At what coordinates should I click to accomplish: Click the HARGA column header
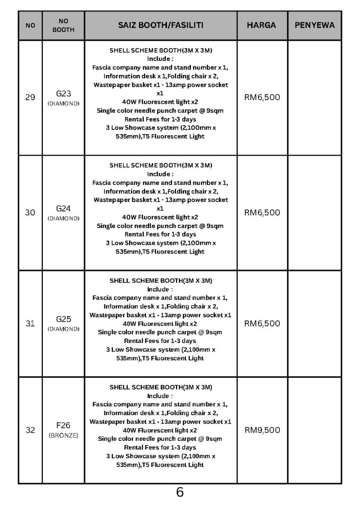(262, 25)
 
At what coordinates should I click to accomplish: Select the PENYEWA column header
(315, 25)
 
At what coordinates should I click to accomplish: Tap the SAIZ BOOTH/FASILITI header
(161, 25)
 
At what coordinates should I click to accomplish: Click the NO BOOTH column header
(63, 25)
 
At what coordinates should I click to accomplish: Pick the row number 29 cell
(30, 97)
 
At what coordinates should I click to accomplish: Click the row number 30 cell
(30, 213)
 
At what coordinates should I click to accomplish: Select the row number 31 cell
(30, 324)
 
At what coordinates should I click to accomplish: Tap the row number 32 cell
(30, 430)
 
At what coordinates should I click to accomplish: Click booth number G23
(63, 93)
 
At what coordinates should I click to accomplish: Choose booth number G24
(63, 209)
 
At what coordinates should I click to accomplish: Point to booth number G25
(63, 320)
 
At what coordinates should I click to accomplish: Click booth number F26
(63, 425)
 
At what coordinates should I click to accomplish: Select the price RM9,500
(262, 430)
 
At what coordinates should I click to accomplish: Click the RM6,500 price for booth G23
(262, 97)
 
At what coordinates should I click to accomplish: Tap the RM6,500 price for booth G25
(262, 324)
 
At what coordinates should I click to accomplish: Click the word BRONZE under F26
(63, 435)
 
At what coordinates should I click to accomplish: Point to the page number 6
(180, 493)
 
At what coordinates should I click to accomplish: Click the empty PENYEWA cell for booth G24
(315, 213)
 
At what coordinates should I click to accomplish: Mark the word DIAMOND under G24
(63, 218)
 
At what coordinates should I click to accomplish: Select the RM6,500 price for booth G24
(262, 213)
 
